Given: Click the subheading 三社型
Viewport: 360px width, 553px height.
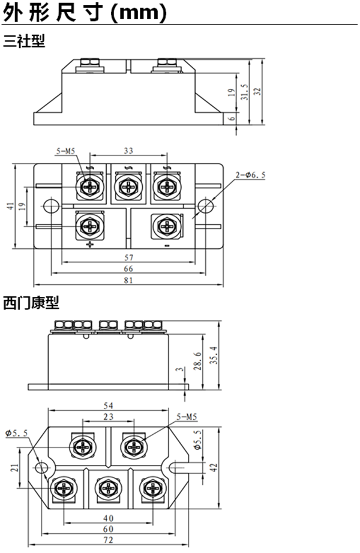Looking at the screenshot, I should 24,41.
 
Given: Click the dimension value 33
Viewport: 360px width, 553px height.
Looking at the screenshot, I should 128,151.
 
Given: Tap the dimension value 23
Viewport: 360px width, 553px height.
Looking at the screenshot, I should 109,416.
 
